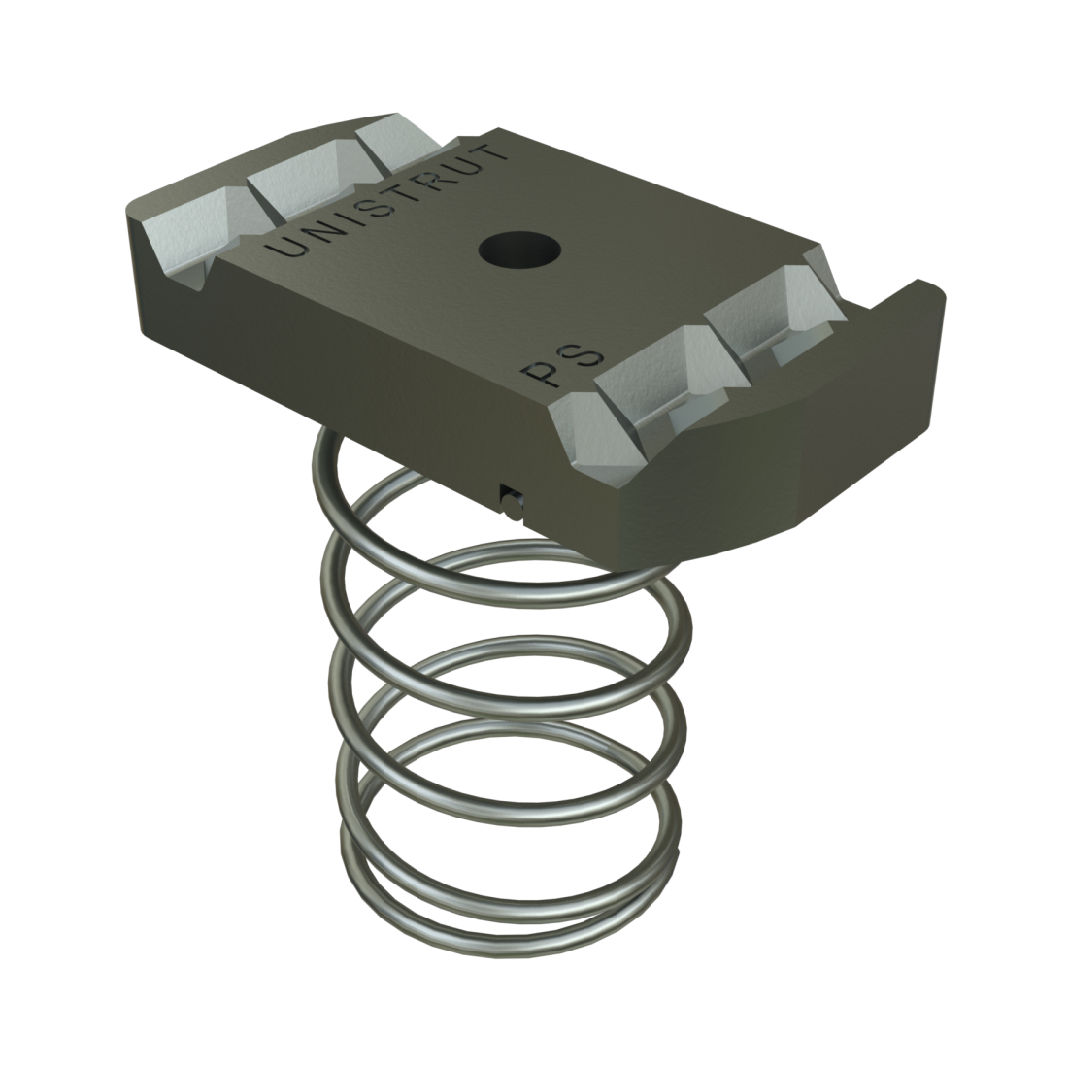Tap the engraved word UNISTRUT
point(388,202)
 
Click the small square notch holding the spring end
point(508,500)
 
